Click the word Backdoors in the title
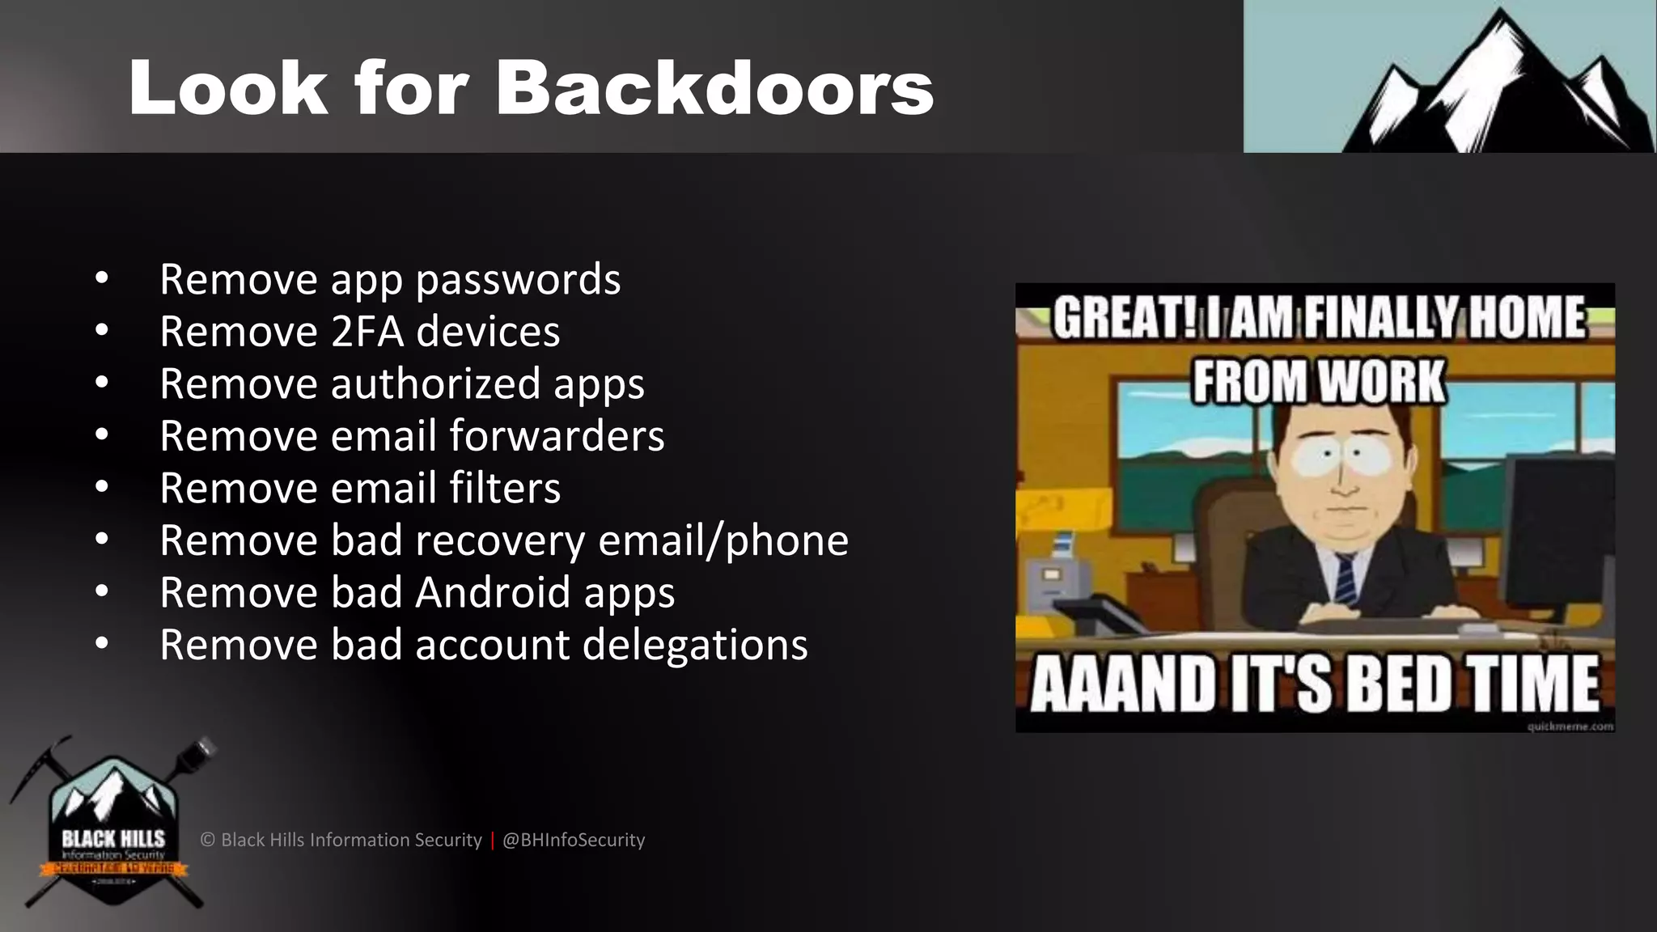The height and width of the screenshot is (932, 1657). pyautogui.click(x=714, y=88)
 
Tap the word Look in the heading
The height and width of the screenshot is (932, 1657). pyautogui.click(x=228, y=88)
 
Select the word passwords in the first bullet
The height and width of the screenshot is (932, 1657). pyautogui.click(x=518, y=280)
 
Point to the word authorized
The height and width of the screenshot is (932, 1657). pyautogui.click(x=435, y=383)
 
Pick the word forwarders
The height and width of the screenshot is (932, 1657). pyautogui.click(x=557, y=436)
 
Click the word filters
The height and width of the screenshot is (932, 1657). pyautogui.click(x=505, y=488)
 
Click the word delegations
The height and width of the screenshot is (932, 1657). pyautogui.click(x=694, y=645)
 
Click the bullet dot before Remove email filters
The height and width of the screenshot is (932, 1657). pyautogui.click(x=101, y=488)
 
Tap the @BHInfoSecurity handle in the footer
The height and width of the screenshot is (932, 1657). pyautogui.click(x=574, y=840)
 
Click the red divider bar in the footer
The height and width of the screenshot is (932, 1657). pyautogui.click(x=492, y=840)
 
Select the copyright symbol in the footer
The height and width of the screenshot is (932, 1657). pyautogui.click(x=208, y=840)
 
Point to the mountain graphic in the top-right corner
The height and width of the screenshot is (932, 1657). pyautogui.click(x=1497, y=81)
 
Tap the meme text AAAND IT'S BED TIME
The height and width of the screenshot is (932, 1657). pyautogui.click(x=1315, y=684)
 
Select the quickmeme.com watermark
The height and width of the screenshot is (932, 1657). pyautogui.click(x=1570, y=727)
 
